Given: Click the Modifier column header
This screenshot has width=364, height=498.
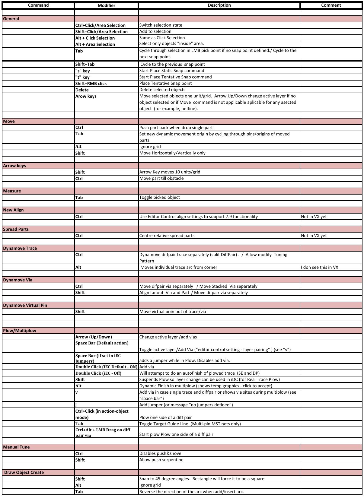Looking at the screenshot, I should click(x=106, y=5).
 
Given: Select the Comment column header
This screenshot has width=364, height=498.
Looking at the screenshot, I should click(x=331, y=5).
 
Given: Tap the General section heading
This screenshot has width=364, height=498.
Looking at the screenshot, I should click(x=11, y=19).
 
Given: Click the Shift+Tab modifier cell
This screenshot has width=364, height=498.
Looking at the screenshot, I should click(x=85, y=64).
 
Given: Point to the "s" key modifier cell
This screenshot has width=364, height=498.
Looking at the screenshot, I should click(x=82, y=71).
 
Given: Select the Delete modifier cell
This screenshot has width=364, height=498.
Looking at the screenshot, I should click(x=82, y=90).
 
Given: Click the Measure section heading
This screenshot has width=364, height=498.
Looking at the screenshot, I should click(x=12, y=191).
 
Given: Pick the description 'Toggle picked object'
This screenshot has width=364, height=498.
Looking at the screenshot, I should click(x=159, y=197).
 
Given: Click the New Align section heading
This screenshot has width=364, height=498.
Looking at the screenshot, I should click(x=13, y=210).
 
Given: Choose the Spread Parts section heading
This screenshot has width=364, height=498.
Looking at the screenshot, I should click(x=16, y=229).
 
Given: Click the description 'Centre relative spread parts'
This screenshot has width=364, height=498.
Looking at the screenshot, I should click(x=167, y=236).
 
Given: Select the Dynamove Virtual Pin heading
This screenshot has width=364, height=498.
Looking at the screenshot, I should click(x=25, y=305).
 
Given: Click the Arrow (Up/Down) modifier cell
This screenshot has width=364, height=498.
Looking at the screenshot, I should click(x=94, y=337).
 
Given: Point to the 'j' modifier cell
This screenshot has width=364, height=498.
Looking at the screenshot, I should click(x=76, y=405).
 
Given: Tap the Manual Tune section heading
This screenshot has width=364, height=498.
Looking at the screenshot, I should click(x=16, y=447).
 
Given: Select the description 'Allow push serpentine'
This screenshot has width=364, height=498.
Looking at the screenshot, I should click(x=161, y=460).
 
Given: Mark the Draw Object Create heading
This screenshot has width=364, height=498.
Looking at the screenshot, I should click(x=24, y=472).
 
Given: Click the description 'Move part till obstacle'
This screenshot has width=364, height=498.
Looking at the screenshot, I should click(x=161, y=178).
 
